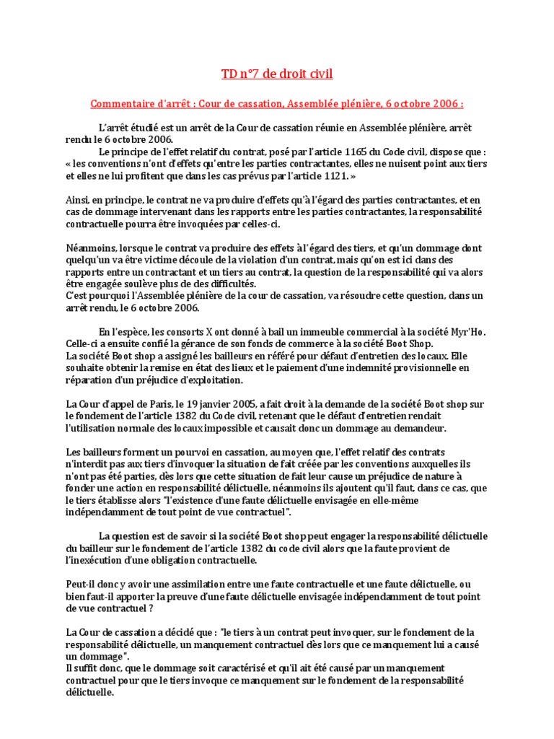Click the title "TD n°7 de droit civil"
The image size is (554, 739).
point(277,74)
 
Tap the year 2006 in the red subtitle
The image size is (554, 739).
point(444,104)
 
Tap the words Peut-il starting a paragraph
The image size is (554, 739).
point(79,585)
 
